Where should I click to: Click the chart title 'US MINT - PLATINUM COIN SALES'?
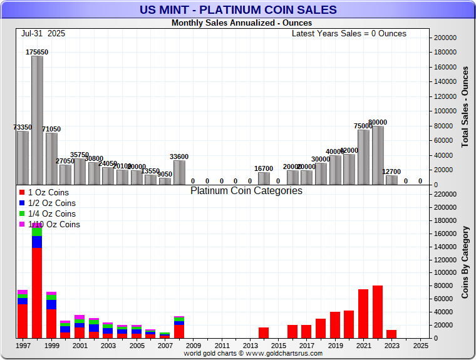pyautogui.click(x=237, y=9)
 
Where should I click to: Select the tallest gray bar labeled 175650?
pyautogui.click(x=37, y=120)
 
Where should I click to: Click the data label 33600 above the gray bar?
pyautogui.click(x=178, y=157)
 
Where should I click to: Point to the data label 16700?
pyautogui.click(x=264, y=168)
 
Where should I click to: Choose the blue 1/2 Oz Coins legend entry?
pyautogui.click(x=48, y=203)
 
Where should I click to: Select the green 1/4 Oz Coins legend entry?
pyautogui.click(x=48, y=214)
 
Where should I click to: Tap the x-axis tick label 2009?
pyautogui.click(x=193, y=345)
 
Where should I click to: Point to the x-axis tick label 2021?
pyautogui.click(x=364, y=345)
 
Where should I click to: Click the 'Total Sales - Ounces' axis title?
pyautogui.click(x=465, y=107)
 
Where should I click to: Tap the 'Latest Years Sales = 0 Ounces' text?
pyautogui.click(x=349, y=33)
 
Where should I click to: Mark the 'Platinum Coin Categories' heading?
pyautogui.click(x=246, y=191)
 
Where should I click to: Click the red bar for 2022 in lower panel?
pyautogui.click(x=378, y=312)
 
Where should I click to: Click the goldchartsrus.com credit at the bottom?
pyautogui.click(x=253, y=354)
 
